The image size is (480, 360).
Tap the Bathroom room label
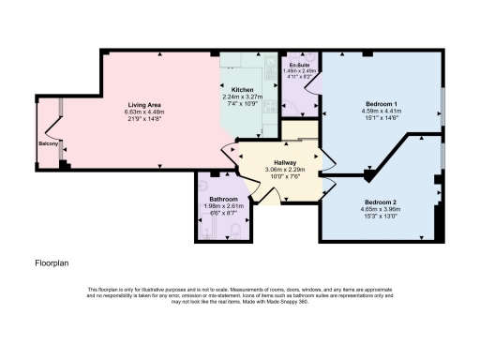[223, 200]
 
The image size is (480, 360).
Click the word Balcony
[50, 143]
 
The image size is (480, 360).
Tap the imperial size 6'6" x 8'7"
[223, 213]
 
